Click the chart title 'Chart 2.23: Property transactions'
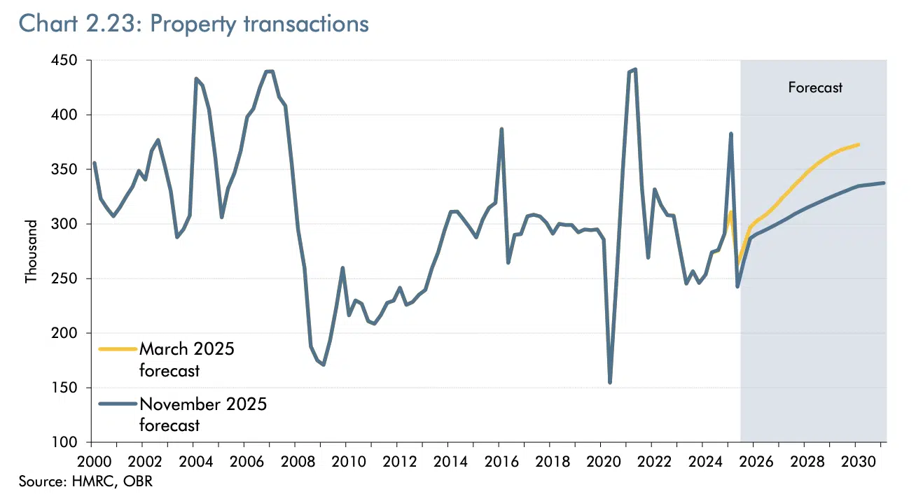point(193,23)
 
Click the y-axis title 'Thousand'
point(31,251)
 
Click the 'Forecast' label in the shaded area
point(815,87)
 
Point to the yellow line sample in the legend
point(118,348)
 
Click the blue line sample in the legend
point(118,404)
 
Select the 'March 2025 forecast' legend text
point(186,360)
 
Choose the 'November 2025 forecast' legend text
point(203,414)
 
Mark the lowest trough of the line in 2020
point(610,382)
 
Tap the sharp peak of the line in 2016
point(501,129)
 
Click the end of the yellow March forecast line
point(859,144)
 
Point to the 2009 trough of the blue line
point(323,364)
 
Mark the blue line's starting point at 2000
point(94,163)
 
